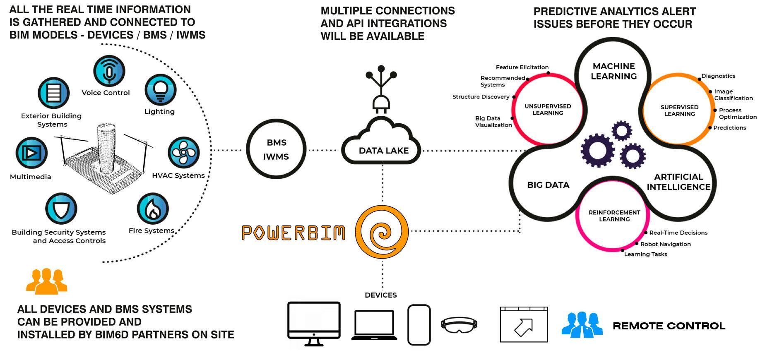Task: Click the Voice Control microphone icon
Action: [x=109, y=71]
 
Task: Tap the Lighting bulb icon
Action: [x=160, y=90]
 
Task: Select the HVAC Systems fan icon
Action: [x=183, y=152]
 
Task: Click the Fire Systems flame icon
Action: [x=152, y=209]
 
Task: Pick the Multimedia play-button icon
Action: [x=31, y=153]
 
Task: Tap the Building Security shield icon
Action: [x=61, y=209]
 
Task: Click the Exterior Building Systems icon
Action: [x=53, y=93]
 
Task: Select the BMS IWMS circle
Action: [x=276, y=149]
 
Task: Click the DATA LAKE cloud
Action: [x=381, y=143]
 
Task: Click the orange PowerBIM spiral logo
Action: [x=382, y=232]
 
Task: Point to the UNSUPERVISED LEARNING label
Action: [x=547, y=110]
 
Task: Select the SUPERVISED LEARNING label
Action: [x=679, y=110]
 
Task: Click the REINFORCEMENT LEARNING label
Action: [x=614, y=216]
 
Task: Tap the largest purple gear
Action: [x=597, y=150]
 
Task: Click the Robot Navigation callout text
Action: [x=665, y=244]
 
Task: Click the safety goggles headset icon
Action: [x=459, y=325]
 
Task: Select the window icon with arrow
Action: [x=523, y=324]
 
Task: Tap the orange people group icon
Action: [x=46, y=281]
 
